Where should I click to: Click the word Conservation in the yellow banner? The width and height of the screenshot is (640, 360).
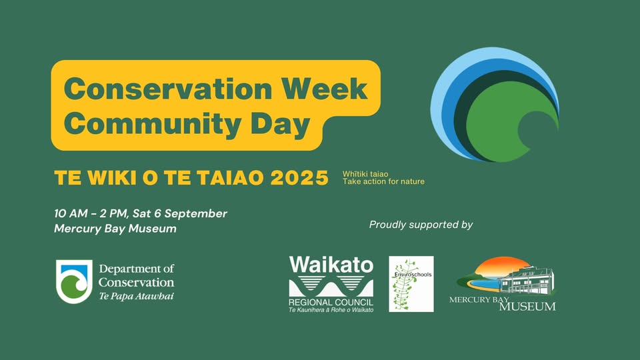pyautogui.click(x=168, y=89)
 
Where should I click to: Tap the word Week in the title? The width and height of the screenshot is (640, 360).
pyautogui.click(x=325, y=89)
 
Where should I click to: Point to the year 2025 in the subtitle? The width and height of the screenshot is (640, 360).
pyautogui.click(x=299, y=178)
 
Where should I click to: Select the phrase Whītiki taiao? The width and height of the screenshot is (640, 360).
pyautogui.click(x=365, y=174)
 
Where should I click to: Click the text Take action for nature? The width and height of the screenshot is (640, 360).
pyautogui.click(x=383, y=181)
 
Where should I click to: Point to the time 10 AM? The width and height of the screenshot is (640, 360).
pyautogui.click(x=71, y=213)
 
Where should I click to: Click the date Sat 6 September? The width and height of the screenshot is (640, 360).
pyautogui.click(x=179, y=213)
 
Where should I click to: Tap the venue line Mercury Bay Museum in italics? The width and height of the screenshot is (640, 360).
pyautogui.click(x=115, y=229)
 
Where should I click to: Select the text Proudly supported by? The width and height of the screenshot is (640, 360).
pyautogui.click(x=421, y=225)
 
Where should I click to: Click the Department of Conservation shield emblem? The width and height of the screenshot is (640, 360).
pyautogui.click(x=74, y=281)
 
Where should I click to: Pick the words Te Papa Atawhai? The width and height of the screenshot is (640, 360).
pyautogui.click(x=136, y=296)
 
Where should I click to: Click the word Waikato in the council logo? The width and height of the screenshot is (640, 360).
pyautogui.click(x=331, y=265)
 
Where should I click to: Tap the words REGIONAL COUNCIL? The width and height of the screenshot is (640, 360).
pyautogui.click(x=331, y=303)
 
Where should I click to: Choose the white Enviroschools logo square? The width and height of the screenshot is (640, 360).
pyautogui.click(x=411, y=284)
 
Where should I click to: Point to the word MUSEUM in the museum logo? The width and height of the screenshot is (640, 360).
pyautogui.click(x=527, y=306)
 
